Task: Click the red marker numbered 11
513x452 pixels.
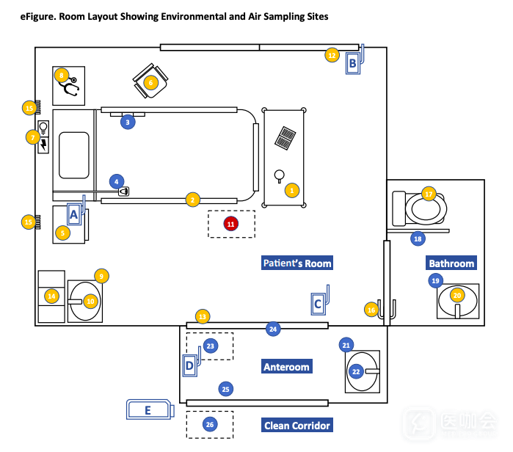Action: point(231,223)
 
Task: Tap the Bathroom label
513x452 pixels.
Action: point(451,263)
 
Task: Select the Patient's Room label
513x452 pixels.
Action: point(297,263)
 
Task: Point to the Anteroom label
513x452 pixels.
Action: point(286,367)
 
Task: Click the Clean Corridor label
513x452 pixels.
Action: point(297,426)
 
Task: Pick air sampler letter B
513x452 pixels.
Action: point(353,64)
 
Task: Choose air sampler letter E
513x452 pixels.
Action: point(148,410)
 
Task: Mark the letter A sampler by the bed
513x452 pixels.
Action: point(73,214)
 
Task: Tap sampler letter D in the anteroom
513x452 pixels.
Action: point(189,365)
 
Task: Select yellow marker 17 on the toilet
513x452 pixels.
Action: point(429,194)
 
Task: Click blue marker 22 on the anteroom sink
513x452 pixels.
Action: point(357,372)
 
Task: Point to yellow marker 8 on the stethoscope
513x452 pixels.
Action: point(62,75)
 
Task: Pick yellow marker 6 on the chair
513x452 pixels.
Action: point(151,83)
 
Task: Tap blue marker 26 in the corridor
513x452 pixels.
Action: point(210,424)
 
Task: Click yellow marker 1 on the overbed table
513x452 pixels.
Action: point(292,190)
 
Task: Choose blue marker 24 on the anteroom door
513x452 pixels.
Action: point(273,329)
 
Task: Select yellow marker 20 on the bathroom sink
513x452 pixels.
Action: point(457,296)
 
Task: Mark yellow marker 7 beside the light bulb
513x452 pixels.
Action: point(32,136)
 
